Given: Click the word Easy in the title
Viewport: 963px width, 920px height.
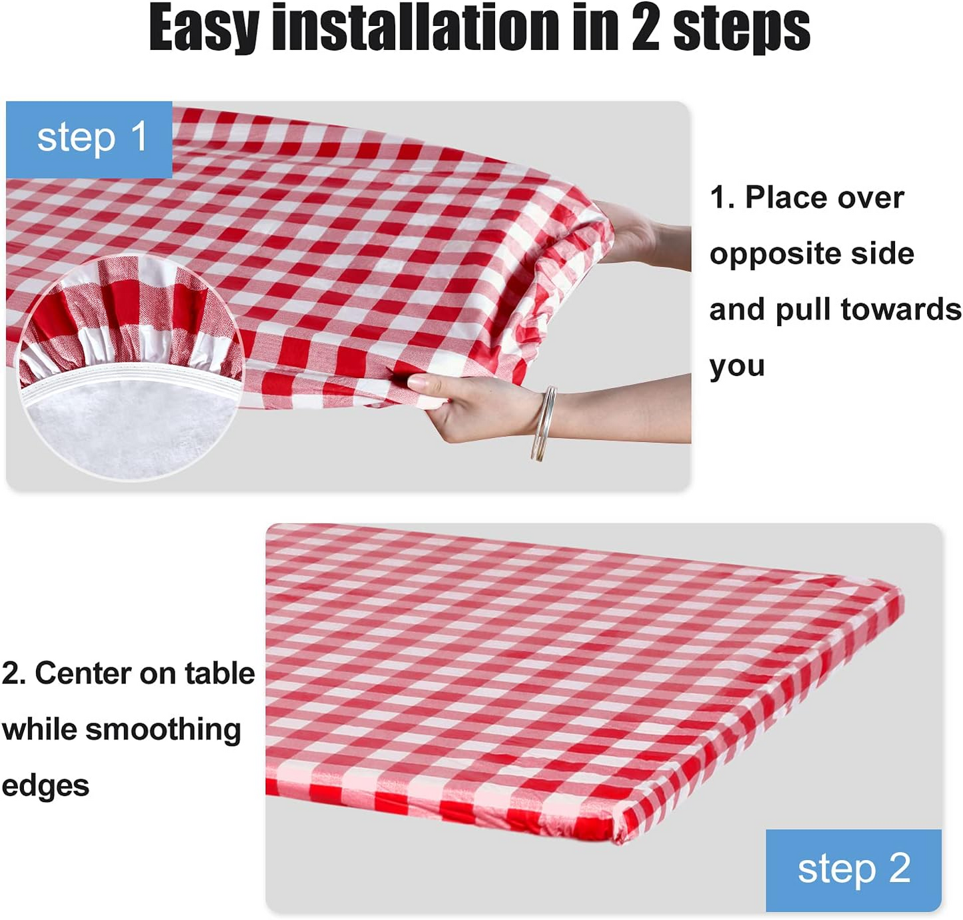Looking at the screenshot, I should click(203, 28).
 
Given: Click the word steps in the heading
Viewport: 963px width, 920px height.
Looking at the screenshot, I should click(741, 28).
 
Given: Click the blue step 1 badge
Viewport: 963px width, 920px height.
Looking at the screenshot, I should click(90, 139).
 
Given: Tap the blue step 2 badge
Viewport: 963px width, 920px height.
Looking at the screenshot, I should click(853, 869).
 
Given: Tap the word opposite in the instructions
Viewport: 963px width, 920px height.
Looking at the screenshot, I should click(765, 254).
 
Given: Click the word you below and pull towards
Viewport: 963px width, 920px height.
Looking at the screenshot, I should click(736, 367).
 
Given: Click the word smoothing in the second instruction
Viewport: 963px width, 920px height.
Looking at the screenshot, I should click(163, 729).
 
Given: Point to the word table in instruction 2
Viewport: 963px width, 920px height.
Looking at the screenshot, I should click(220, 673).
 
